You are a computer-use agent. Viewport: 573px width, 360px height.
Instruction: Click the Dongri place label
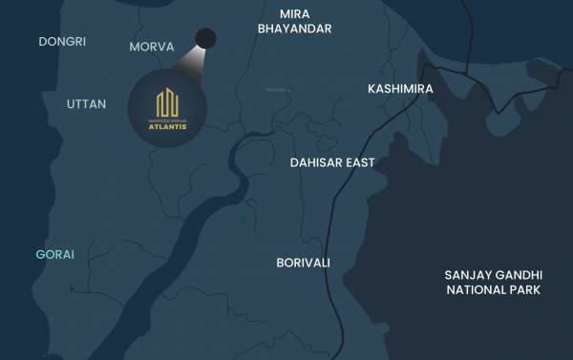pos(63,42)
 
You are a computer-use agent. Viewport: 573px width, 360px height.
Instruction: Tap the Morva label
pos(151,46)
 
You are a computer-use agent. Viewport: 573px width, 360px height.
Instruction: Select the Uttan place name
pos(87,103)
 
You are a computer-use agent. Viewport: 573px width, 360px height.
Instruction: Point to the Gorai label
pos(54,254)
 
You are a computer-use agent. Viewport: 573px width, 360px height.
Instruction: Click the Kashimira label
pos(400,89)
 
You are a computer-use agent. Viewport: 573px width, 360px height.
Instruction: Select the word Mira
pos(294,13)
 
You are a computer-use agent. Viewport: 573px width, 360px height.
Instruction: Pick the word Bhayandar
pos(294,29)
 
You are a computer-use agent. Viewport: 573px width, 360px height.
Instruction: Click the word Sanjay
pos(465,275)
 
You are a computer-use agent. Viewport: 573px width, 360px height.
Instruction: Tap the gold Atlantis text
pos(168,127)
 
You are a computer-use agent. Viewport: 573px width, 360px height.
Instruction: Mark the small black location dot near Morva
pos(205,39)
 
